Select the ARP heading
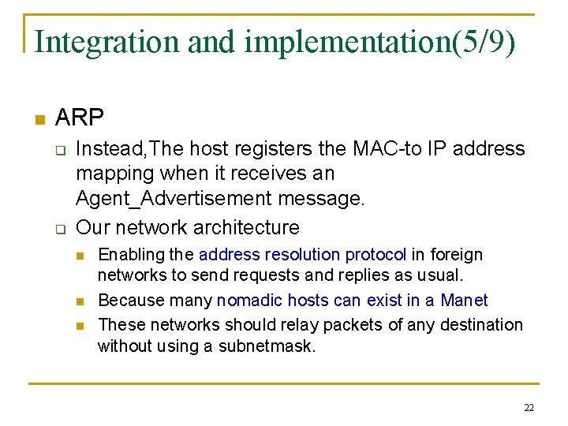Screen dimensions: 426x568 [80, 118]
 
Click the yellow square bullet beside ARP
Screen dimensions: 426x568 [39, 120]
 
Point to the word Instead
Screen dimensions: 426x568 [106, 148]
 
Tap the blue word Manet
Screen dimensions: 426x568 [464, 301]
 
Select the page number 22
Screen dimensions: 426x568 [528, 408]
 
